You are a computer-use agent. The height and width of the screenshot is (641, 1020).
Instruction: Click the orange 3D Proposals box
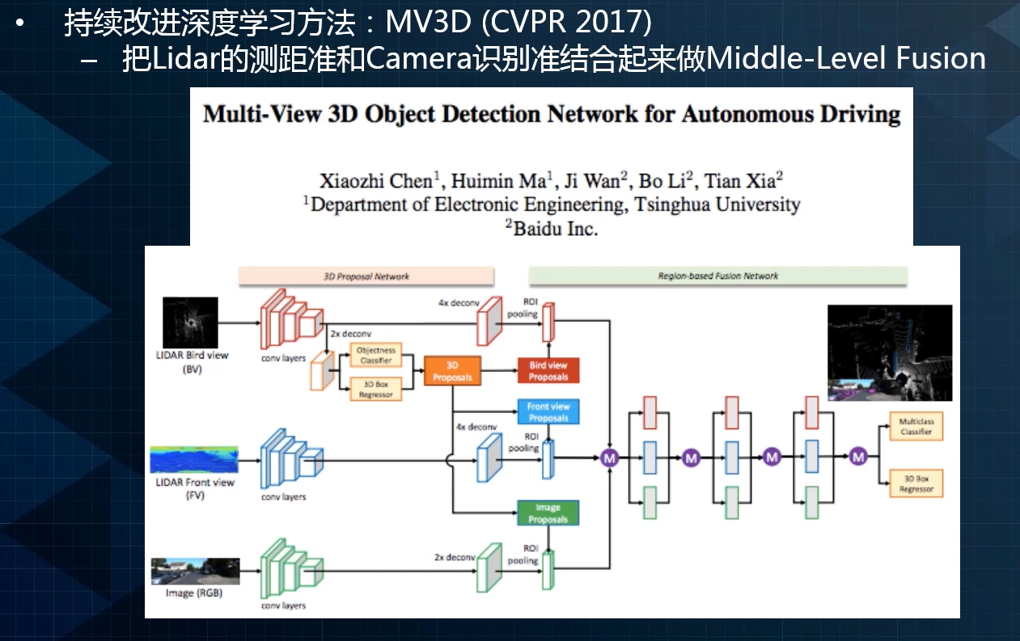click(x=452, y=371)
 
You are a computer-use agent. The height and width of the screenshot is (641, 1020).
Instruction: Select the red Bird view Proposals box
click(x=548, y=371)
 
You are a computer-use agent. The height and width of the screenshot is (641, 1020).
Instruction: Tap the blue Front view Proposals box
click(x=548, y=412)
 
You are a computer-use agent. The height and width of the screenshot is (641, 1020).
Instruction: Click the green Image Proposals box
click(x=548, y=513)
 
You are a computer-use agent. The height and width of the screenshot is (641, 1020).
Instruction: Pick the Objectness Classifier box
click(x=376, y=356)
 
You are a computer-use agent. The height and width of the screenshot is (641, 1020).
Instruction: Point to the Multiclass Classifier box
click(x=916, y=427)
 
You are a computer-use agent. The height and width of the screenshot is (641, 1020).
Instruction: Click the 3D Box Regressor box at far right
click(x=916, y=483)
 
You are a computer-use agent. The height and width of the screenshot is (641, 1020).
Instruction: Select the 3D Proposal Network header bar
click(x=366, y=276)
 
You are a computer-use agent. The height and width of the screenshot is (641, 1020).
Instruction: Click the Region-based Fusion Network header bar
click(x=717, y=276)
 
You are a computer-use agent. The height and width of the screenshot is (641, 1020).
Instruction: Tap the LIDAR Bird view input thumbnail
click(x=190, y=323)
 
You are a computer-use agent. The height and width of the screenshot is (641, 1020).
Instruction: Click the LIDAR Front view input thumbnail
click(x=195, y=460)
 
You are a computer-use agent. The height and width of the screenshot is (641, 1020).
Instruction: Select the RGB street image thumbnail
click(x=195, y=571)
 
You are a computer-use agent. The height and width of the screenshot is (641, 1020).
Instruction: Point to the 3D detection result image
click(x=890, y=353)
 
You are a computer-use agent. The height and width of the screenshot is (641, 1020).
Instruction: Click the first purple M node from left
click(x=609, y=458)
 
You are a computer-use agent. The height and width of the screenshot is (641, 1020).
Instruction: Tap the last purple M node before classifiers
click(x=858, y=457)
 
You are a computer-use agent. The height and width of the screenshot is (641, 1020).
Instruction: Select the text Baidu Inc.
click(x=552, y=229)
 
